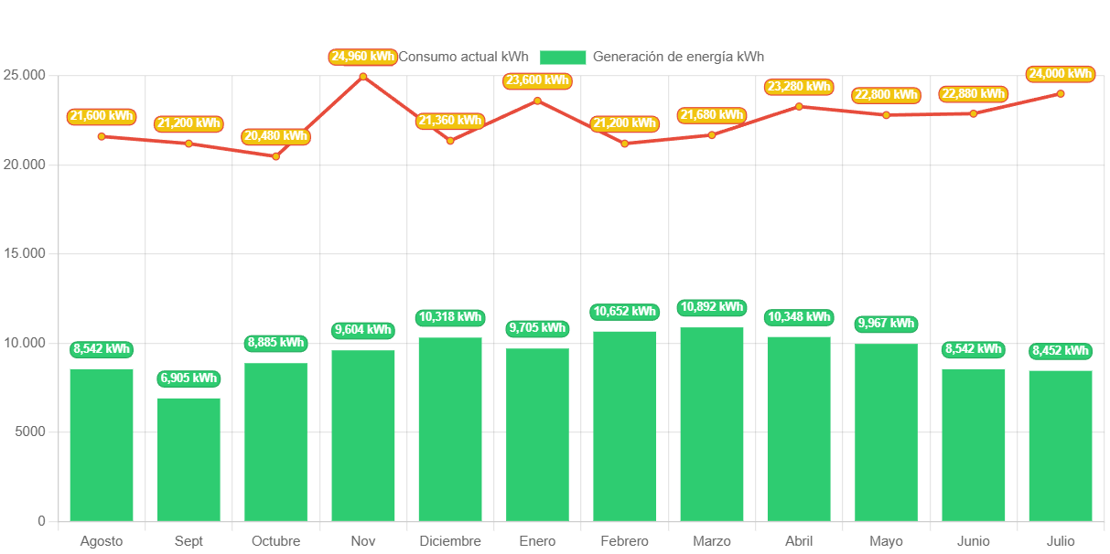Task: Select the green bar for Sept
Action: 189,459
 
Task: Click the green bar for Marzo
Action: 712,423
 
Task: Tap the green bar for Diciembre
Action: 450,429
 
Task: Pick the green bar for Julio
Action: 1061,445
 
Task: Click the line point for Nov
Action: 363,76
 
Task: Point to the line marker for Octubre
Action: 275,156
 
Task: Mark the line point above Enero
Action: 537,100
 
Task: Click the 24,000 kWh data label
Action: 1061,74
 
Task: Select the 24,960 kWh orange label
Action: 363,57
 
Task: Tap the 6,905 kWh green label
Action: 189,378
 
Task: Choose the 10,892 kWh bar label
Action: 712,307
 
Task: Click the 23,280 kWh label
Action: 800,87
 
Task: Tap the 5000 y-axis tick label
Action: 29,431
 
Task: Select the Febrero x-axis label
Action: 624,541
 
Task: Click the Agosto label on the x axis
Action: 101,541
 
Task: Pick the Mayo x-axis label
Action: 886,541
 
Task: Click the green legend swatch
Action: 563,58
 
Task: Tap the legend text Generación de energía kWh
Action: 678,57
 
